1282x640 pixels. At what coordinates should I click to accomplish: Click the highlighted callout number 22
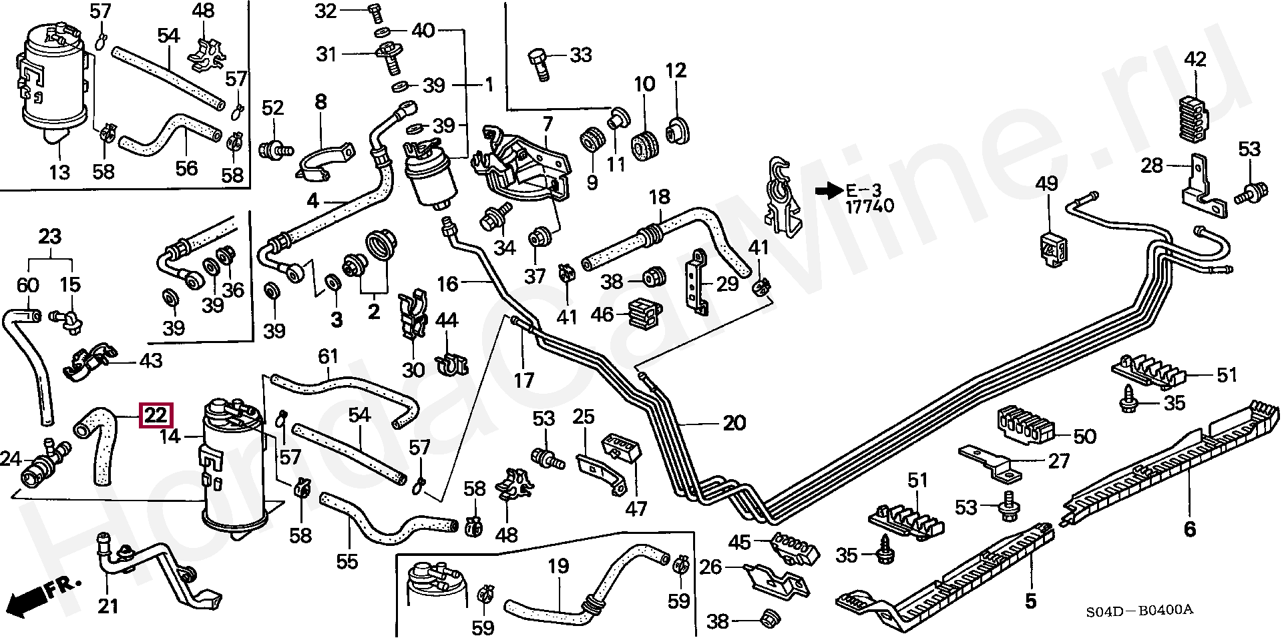(x=156, y=416)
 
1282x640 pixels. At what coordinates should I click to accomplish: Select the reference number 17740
(x=869, y=207)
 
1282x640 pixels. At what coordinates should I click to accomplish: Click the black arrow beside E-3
(x=829, y=191)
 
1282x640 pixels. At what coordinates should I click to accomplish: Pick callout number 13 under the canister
(x=59, y=172)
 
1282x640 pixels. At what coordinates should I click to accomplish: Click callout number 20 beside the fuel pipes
(x=734, y=423)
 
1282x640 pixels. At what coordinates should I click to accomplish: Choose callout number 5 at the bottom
(x=1030, y=601)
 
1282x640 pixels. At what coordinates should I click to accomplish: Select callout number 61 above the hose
(x=328, y=356)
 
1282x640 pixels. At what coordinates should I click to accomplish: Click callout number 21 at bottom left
(x=108, y=606)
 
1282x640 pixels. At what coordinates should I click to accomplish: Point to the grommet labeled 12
(x=677, y=129)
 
